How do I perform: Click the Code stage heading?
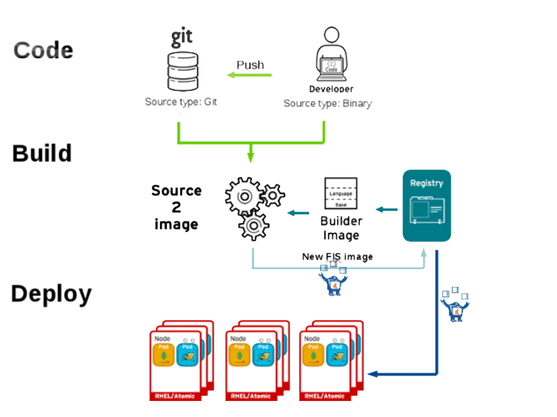point(43,50)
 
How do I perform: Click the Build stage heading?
point(42,153)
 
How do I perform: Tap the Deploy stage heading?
point(51,294)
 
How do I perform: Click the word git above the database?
point(182,36)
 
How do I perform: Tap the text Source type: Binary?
point(327,104)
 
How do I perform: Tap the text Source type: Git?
point(182,102)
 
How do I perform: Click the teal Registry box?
point(427,206)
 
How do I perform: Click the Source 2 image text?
point(176,207)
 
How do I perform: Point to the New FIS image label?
point(337,256)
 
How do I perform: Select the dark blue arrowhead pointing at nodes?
point(373,374)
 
